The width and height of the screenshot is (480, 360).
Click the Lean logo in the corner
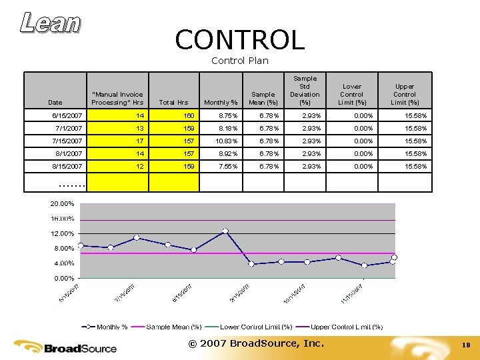click(x=51, y=23)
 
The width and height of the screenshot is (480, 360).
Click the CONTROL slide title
click(x=239, y=41)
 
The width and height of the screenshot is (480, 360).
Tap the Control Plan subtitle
click(x=239, y=61)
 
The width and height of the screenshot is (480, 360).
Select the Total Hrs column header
click(x=173, y=102)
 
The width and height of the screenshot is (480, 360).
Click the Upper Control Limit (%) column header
click(x=405, y=94)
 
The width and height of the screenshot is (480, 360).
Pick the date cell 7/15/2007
click(x=67, y=141)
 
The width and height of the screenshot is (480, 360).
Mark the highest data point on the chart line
click(x=225, y=231)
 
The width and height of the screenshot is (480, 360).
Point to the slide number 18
click(x=466, y=345)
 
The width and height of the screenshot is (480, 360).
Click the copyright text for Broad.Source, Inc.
click(x=255, y=343)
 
